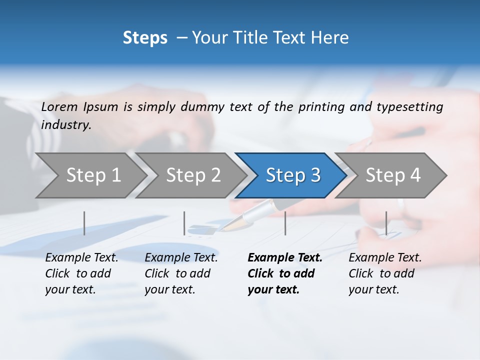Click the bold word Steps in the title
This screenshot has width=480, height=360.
click(x=145, y=38)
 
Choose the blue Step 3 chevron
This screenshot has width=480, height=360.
click(x=293, y=175)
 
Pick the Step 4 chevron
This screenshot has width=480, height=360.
click(x=393, y=175)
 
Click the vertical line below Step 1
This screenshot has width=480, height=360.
click(x=84, y=223)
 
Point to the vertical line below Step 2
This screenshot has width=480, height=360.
click(x=184, y=223)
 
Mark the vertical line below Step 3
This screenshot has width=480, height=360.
click(x=285, y=223)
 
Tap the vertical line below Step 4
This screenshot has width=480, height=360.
click(x=386, y=223)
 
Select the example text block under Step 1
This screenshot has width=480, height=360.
click(x=81, y=273)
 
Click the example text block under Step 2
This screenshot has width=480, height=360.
click(x=181, y=273)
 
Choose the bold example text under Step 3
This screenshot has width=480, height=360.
click(x=284, y=273)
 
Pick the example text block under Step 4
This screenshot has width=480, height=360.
click(x=385, y=273)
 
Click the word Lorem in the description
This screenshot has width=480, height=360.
click(x=59, y=106)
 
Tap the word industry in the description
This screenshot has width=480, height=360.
click(x=66, y=125)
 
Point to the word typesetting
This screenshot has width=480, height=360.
click(x=409, y=106)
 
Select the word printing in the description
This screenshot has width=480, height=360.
click(x=320, y=106)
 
